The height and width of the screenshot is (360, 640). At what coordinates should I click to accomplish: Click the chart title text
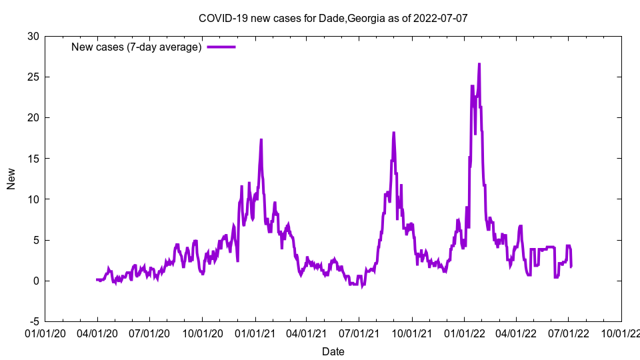click(x=333, y=18)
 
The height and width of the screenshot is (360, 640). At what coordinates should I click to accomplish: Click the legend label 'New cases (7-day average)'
click(x=137, y=47)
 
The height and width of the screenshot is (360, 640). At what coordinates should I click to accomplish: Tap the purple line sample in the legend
click(x=221, y=47)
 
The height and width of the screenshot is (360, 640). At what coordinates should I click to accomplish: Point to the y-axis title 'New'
click(x=11, y=179)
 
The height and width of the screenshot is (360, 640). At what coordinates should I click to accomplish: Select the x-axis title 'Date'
click(x=333, y=351)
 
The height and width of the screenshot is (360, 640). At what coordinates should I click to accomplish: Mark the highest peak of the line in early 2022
click(x=479, y=65)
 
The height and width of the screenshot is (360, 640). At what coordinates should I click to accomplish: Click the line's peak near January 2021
click(x=261, y=140)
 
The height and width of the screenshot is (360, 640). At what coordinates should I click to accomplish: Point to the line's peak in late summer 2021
click(x=393, y=133)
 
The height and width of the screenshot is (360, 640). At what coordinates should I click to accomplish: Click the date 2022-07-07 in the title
click(x=440, y=18)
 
